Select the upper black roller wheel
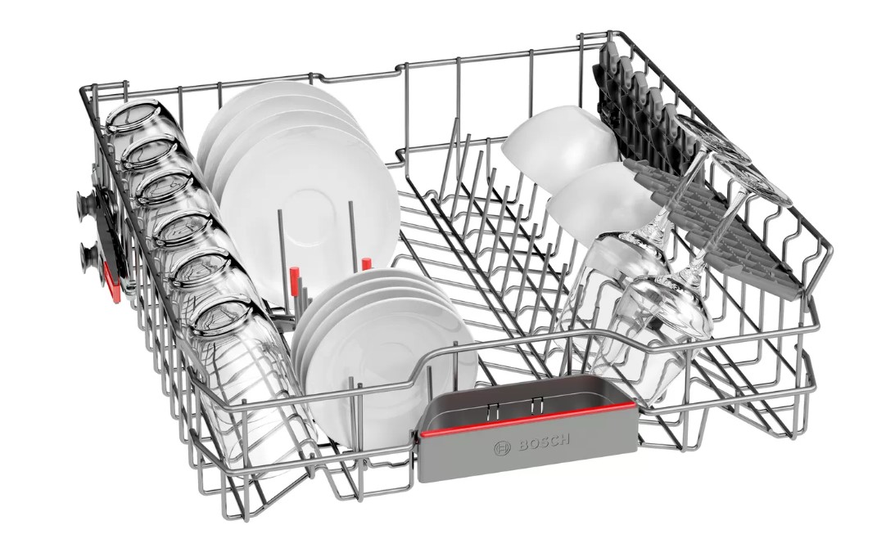[87, 201]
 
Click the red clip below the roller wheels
[112, 281]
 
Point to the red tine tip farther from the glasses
[366, 264]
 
